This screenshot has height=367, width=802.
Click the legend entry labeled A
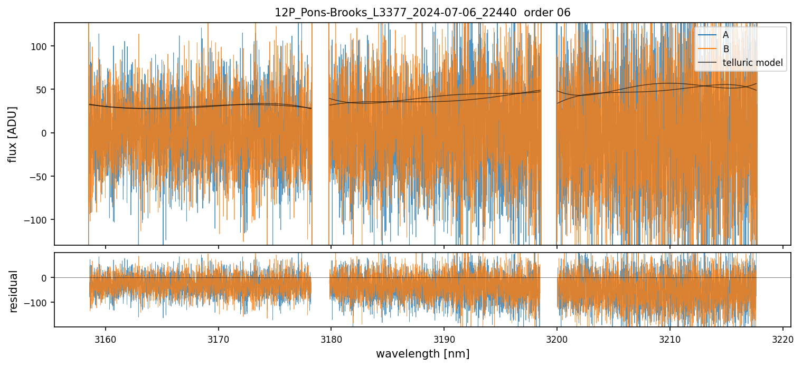click(725, 35)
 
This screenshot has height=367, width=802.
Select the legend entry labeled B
click(725, 49)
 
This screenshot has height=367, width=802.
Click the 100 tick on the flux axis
click(41, 46)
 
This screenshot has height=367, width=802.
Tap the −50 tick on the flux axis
click(40, 176)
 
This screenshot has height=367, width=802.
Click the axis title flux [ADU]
click(12, 134)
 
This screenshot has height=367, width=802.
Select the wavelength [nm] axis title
click(422, 353)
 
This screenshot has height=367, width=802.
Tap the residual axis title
click(13, 291)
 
